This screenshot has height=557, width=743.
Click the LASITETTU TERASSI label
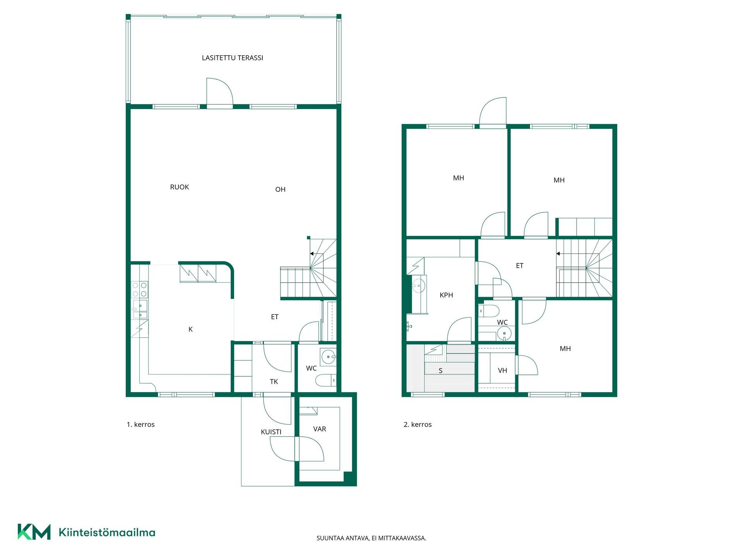tap(232, 58)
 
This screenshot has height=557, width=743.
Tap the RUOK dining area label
tap(180, 187)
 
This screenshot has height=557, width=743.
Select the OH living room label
tap(280, 189)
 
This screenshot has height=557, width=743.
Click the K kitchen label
tap(190, 329)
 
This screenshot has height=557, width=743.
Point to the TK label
tap(274, 381)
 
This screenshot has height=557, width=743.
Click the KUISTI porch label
tap(271, 432)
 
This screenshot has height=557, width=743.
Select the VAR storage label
tap(320, 429)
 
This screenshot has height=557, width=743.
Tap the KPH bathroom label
tap(446, 295)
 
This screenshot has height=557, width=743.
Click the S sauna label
tap(440, 371)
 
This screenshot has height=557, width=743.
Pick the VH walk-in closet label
tap(502, 370)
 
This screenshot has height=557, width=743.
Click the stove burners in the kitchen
tap(140, 289)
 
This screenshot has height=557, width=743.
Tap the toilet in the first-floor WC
tap(325, 381)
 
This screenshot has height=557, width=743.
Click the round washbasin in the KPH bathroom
tap(418, 287)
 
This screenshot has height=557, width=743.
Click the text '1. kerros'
tap(140, 424)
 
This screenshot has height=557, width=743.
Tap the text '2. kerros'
tap(418, 424)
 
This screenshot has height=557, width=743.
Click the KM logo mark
tap(34, 531)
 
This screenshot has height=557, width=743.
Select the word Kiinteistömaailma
tap(107, 532)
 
